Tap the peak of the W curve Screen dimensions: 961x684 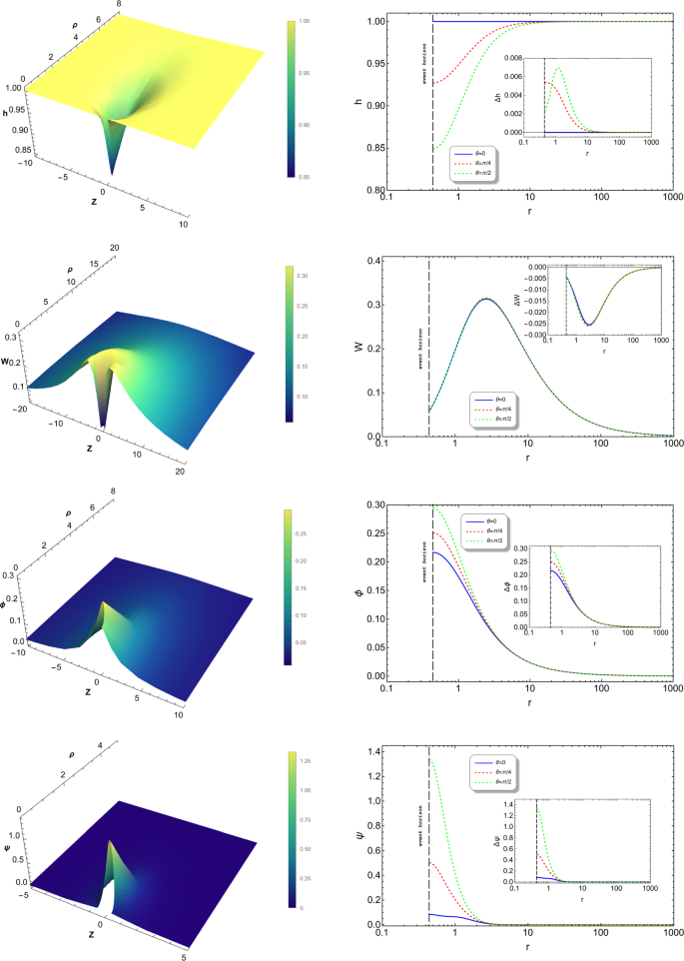point(486,298)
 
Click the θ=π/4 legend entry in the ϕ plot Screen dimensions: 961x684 point(484,533)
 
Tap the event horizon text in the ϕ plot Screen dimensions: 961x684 point(423,565)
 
